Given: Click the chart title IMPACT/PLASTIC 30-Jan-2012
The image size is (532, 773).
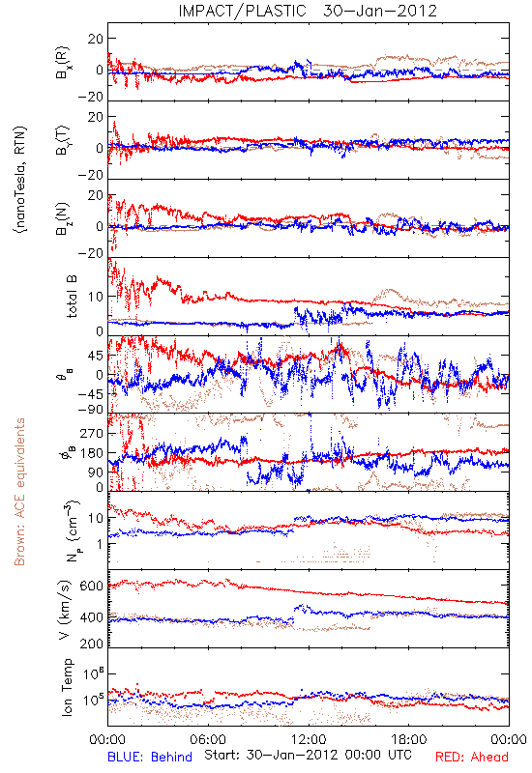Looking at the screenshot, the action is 308,11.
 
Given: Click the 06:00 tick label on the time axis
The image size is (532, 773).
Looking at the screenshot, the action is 208,739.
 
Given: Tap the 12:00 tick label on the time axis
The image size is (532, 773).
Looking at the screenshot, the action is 309,739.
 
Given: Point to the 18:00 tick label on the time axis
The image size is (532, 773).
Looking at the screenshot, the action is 409,739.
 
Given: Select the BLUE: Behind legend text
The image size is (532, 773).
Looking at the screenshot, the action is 150,757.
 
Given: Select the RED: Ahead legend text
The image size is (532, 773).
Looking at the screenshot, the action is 472,757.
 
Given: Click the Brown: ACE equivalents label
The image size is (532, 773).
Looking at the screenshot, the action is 19,492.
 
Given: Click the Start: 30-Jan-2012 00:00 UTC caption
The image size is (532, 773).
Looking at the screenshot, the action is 308,755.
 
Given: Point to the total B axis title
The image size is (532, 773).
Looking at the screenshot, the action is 72,297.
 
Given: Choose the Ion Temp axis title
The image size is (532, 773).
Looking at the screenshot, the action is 68,687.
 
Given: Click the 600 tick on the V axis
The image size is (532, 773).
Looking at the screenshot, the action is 92,586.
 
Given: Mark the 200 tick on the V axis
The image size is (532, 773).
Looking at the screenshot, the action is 92,643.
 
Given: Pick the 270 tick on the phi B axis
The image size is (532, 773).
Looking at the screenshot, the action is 92,433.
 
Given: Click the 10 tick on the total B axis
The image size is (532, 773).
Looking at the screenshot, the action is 96,297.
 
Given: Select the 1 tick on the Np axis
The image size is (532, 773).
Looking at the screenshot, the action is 100,544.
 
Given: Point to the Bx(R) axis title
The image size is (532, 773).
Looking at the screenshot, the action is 63,62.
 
